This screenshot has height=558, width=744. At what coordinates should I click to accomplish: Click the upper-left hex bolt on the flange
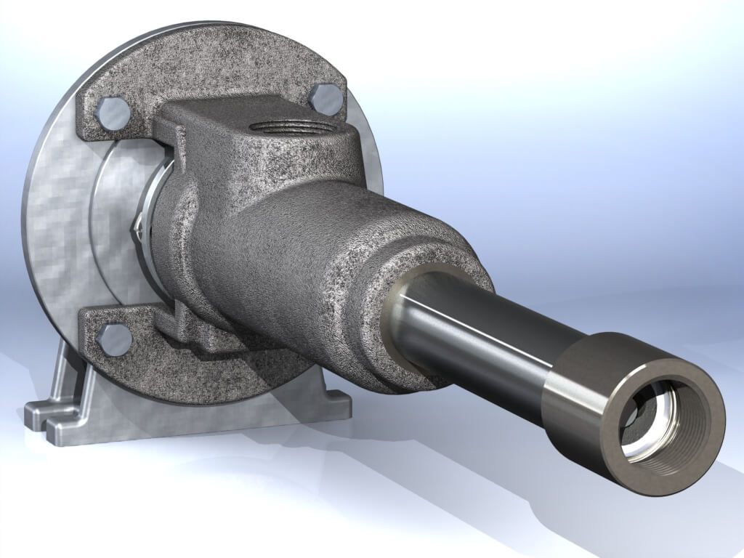113,113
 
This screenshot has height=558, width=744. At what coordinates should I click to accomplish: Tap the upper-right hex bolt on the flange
328,98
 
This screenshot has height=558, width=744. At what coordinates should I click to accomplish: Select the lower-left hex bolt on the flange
114,339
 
